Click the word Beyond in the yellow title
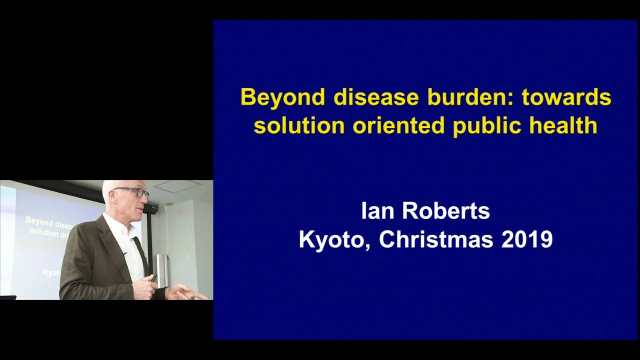[283, 98]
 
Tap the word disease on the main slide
[376, 97]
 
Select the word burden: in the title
[471, 97]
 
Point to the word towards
[566, 97]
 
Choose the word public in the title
[489, 126]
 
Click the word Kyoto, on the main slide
[334, 240]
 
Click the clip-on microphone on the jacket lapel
[124, 253]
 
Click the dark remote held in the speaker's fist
[153, 278]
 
